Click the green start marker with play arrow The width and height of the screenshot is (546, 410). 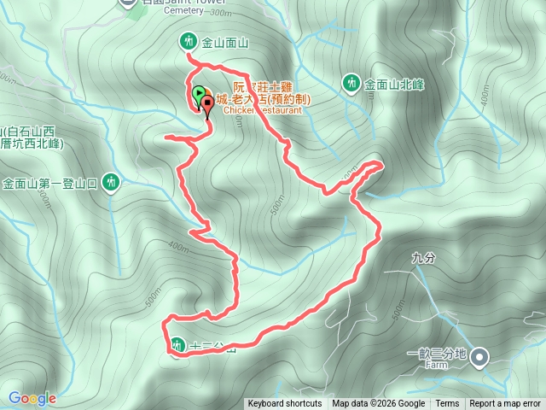click(x=198, y=92)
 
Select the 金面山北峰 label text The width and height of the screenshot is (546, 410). click(x=394, y=84)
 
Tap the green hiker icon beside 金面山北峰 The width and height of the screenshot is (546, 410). click(x=351, y=83)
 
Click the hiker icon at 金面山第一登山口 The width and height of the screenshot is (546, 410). click(x=110, y=182)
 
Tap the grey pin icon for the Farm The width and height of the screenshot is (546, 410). click(x=480, y=355)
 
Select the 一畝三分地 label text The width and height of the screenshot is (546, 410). click(x=437, y=354)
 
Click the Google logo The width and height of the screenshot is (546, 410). click(x=32, y=398)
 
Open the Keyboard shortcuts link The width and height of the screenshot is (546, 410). click(x=285, y=404)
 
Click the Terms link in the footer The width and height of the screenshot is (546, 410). click(x=447, y=404)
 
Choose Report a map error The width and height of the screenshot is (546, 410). click(x=505, y=404)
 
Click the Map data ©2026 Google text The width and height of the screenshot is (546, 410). click(x=379, y=404)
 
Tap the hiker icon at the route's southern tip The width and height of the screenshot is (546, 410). click(x=177, y=346)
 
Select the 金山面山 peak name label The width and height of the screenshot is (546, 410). click(x=224, y=42)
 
